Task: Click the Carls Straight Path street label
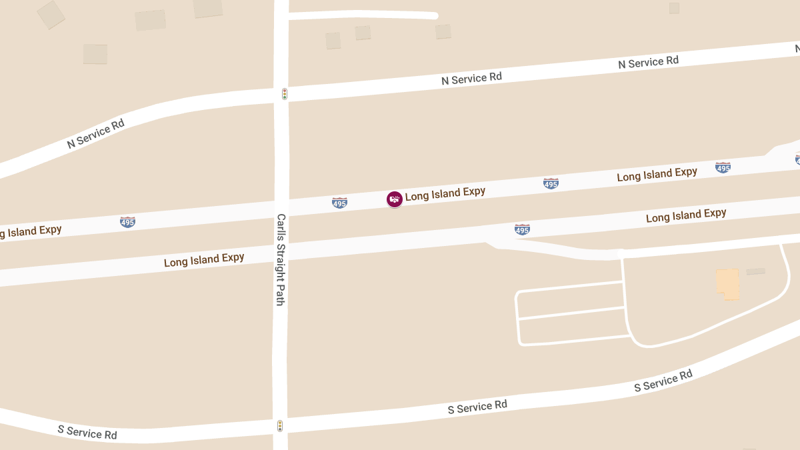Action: coord(281,259)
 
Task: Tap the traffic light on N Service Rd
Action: coord(285,94)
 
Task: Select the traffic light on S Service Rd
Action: coord(280,425)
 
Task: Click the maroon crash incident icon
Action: coord(395,199)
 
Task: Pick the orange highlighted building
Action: coord(728,283)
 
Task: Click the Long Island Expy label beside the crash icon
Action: coord(445,193)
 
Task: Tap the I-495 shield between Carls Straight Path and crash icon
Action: coord(339,203)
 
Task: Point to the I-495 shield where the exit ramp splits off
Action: coord(522,229)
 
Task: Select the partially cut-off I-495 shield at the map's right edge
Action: coord(797,159)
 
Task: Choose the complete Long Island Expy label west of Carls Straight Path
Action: coord(204,259)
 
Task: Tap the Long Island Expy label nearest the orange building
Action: coord(686,215)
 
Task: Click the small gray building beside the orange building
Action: coord(755,271)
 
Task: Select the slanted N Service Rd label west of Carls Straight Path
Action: coord(96,133)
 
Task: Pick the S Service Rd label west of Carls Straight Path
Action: coord(87,433)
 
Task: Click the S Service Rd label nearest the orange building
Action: coord(663,380)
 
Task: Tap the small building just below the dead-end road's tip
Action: coord(443,31)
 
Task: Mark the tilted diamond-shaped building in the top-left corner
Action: coord(51,15)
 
